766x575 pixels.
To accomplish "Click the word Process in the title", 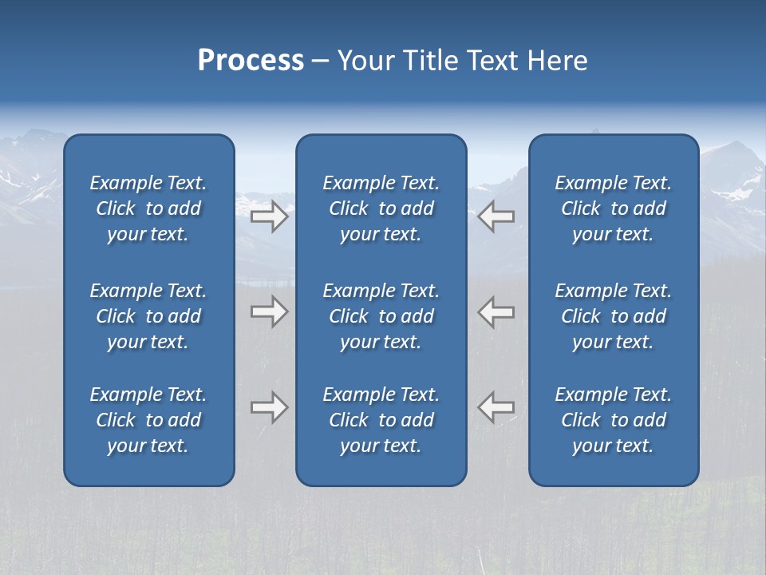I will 251,61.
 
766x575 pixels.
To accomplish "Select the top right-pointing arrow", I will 269,216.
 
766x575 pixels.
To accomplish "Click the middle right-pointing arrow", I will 269,311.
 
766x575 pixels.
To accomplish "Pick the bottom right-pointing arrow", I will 269,407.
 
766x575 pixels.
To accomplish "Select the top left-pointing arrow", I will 496,216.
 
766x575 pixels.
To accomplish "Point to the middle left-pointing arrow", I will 496,311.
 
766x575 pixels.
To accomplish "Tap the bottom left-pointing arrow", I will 496,407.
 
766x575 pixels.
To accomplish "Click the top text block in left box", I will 148,208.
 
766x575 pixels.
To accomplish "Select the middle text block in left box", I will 148,316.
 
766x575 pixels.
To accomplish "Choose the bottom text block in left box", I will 148,420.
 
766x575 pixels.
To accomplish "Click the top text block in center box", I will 381,208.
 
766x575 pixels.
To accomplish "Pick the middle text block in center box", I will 381,316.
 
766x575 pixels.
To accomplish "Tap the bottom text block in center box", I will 381,420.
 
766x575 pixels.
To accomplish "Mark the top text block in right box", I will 614,208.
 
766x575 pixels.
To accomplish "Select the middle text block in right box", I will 614,316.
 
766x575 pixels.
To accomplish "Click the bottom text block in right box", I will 614,420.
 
